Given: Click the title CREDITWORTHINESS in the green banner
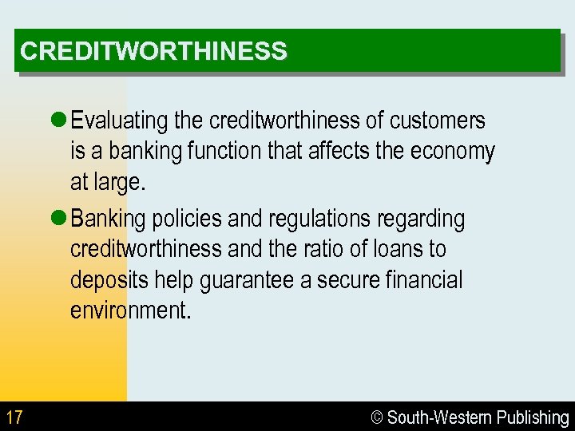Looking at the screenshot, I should [x=153, y=51].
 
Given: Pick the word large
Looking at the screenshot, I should [x=120, y=183].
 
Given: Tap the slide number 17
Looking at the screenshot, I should [x=14, y=417].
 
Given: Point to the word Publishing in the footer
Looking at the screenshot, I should [x=533, y=417].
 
